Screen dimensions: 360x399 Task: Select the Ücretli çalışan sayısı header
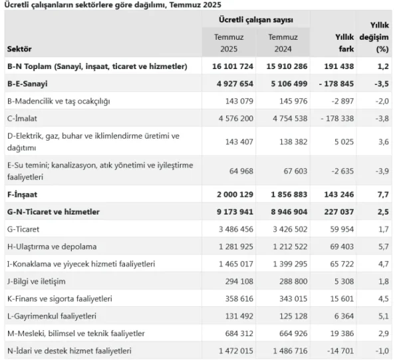[x=256, y=21]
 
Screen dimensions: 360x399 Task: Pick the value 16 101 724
[x=233, y=67]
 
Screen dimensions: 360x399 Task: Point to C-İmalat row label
[x=25, y=118]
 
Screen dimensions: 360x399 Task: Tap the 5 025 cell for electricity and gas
[x=341, y=141]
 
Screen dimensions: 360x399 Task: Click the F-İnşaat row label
[x=23, y=195]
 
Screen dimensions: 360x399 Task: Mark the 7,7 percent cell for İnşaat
[x=382, y=195]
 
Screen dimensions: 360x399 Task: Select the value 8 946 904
[x=285, y=212]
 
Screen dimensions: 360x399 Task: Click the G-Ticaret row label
[x=24, y=229]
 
